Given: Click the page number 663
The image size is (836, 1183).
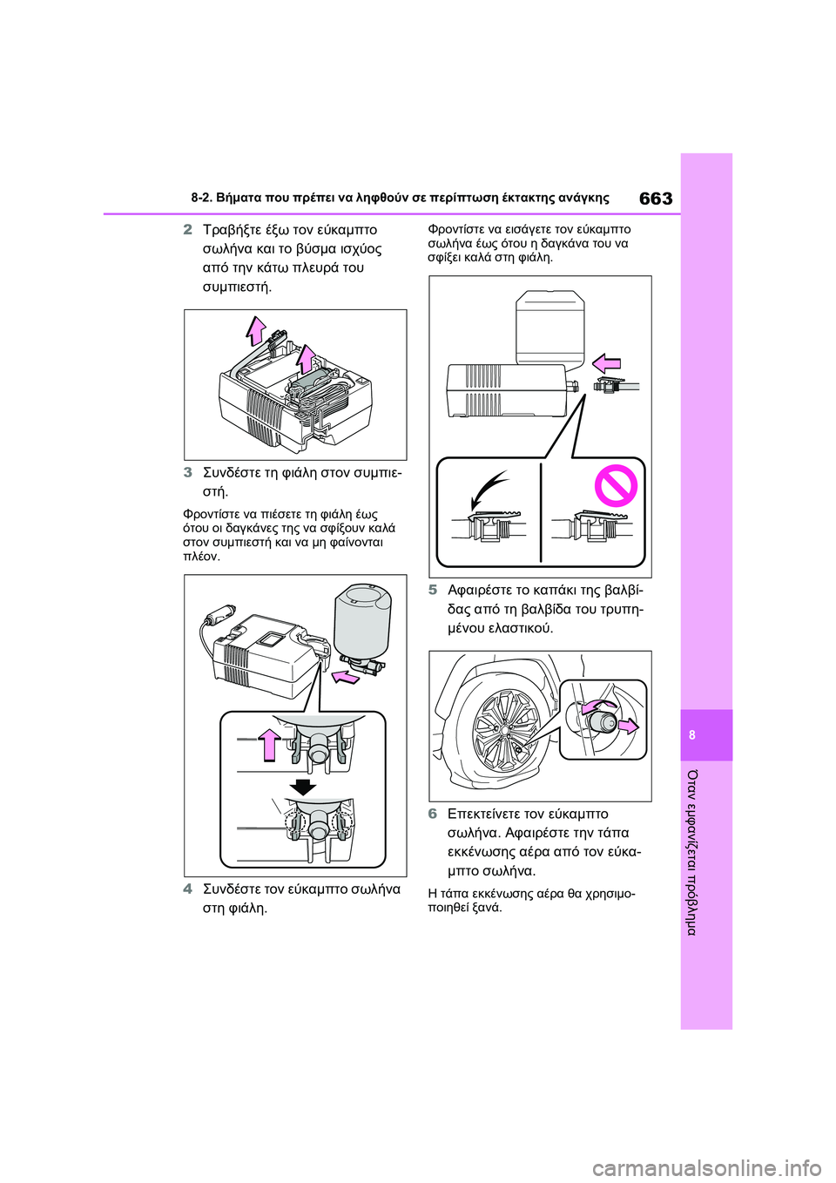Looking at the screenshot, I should pyautogui.click(x=656, y=199).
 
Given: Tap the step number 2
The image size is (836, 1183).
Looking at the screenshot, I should pyautogui.click(x=188, y=230).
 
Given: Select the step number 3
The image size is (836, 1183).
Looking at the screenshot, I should pyautogui.click(x=188, y=472).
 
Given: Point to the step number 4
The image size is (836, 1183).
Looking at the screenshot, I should pyautogui.click(x=188, y=889).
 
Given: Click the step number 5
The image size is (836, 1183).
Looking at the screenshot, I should pyautogui.click(x=433, y=590).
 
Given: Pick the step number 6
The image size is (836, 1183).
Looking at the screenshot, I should pyautogui.click(x=433, y=814).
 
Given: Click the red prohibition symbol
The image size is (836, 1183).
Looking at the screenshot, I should pyautogui.click(x=616, y=485).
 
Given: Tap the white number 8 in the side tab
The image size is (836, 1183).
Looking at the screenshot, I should pyautogui.click(x=692, y=735).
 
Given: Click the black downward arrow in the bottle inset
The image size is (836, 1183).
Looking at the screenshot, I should pyautogui.click(x=302, y=787).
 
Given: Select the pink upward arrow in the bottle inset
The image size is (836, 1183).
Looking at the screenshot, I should pyautogui.click(x=269, y=744).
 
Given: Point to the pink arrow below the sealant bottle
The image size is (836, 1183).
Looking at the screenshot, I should pyautogui.click(x=346, y=676).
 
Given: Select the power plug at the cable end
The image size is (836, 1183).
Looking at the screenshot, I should pyautogui.click(x=214, y=619).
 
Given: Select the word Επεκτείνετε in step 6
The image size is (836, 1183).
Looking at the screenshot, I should pyautogui.click(x=484, y=814).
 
